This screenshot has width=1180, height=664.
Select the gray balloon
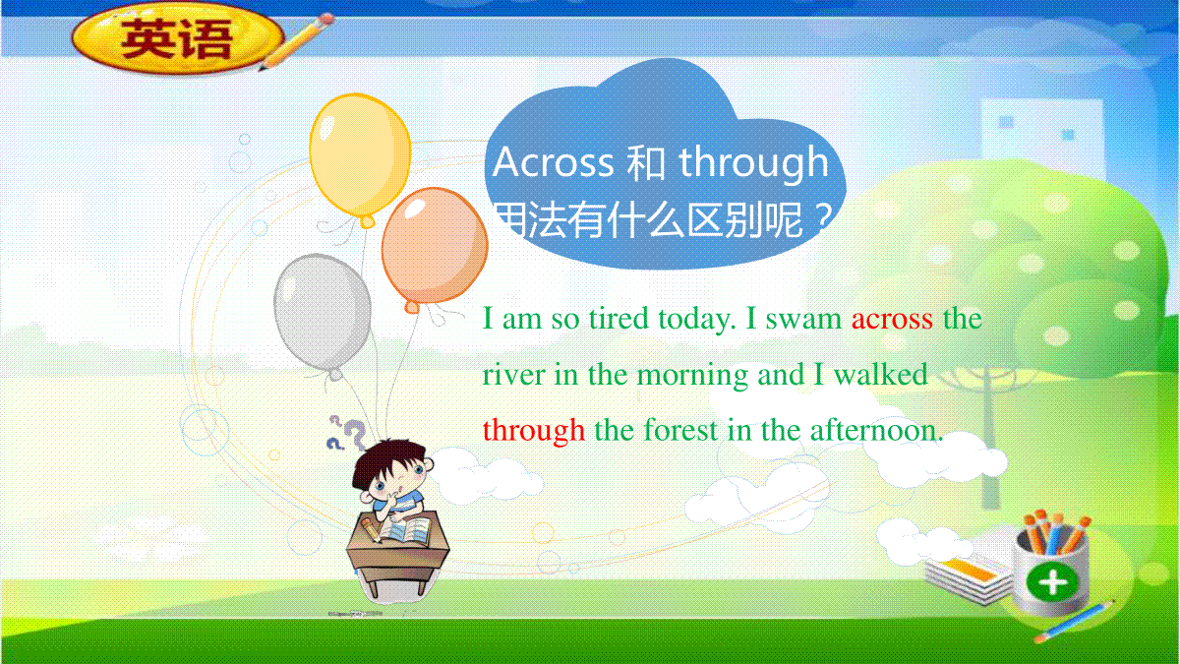coord(323,314)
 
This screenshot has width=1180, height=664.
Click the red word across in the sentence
coord(892,320)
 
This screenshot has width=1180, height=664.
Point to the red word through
coord(534,431)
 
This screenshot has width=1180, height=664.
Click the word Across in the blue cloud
coord(553,161)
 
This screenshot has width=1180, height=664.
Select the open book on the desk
coord(404,531)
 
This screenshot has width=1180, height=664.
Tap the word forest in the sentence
coord(680,430)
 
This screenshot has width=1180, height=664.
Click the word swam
coord(803,320)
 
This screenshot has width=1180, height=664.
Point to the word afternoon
coord(876,430)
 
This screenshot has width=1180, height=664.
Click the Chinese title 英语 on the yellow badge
coord(176,39)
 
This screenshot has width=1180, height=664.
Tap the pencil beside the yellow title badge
coord(297,41)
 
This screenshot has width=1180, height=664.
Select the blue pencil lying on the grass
coord(1075,621)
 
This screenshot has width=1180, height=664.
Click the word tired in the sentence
coord(619,320)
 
